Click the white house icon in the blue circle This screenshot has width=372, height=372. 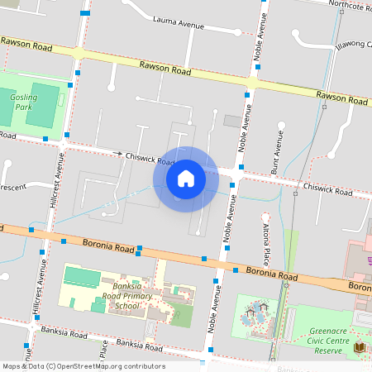(x=185, y=179)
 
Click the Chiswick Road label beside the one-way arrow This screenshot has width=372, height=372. (x=149, y=156)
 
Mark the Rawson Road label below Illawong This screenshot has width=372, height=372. (x=342, y=98)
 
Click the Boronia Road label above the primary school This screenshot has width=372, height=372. (x=108, y=245)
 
